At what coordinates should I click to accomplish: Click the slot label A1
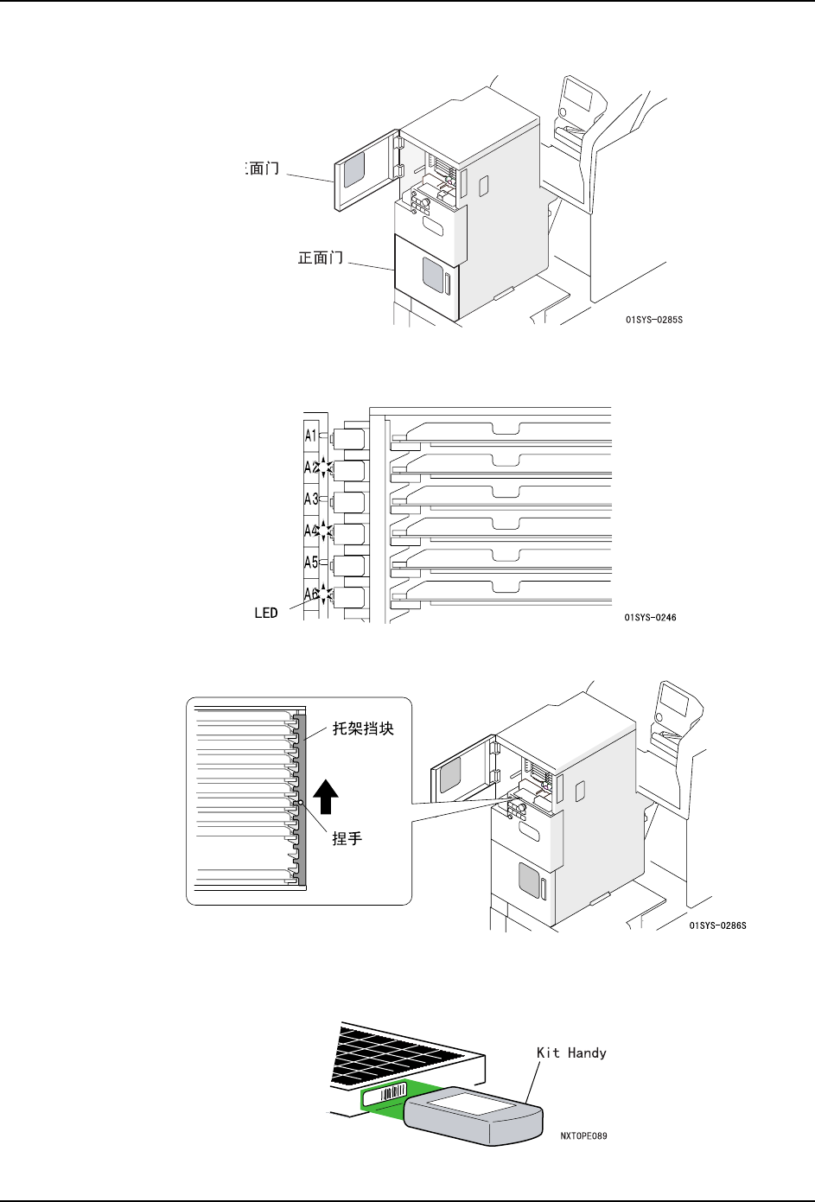(311, 436)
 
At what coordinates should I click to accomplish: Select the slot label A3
(311, 499)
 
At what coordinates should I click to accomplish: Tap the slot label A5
(311, 563)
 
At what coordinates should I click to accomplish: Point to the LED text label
(266, 613)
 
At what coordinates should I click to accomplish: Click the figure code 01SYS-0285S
(654, 320)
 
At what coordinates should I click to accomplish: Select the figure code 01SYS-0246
(650, 618)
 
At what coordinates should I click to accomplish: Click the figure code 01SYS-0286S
(717, 925)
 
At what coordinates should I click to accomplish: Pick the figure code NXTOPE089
(583, 1135)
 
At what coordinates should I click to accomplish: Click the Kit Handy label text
(571, 1053)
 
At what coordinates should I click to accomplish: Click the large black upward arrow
(326, 796)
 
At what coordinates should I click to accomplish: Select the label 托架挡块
(363, 728)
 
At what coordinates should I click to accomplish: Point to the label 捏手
(347, 838)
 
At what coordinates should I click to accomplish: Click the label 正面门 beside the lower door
(321, 258)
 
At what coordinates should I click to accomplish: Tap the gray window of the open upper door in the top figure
(353, 172)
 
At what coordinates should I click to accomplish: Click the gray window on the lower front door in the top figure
(432, 275)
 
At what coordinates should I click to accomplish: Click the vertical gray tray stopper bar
(302, 798)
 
